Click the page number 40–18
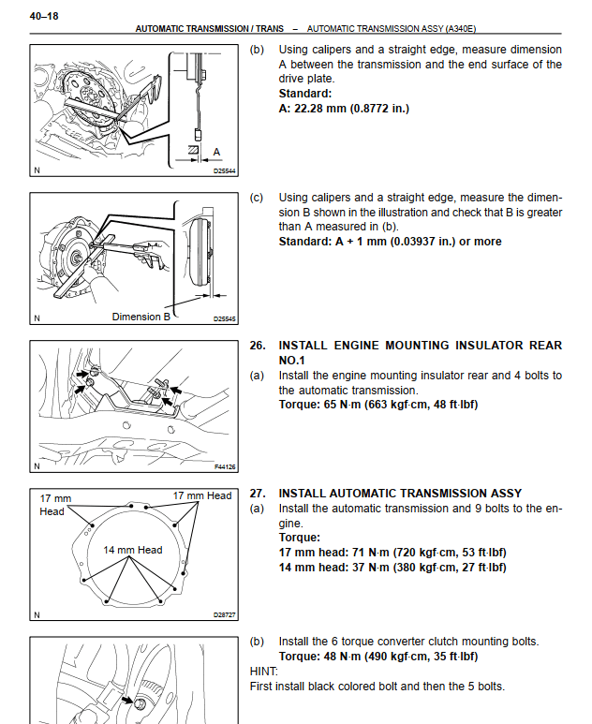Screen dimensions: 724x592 [46, 14]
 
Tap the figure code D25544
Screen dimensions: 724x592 [225, 171]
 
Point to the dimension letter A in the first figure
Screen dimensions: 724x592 [216, 150]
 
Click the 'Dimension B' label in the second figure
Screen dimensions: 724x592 [141, 317]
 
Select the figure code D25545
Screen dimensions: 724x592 [225, 318]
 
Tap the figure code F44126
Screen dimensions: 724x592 [225, 465]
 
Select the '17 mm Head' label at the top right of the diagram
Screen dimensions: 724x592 [202, 495]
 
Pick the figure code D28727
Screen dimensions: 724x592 [225, 615]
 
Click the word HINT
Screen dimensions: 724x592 [265, 672]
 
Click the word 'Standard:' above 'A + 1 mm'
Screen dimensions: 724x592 [305, 241]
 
